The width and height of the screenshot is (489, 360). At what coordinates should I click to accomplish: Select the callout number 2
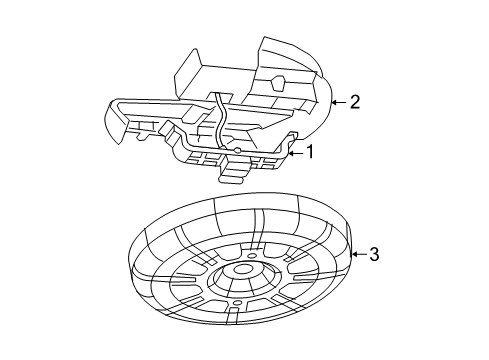point(353,101)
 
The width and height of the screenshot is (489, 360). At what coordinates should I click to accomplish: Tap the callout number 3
point(374,255)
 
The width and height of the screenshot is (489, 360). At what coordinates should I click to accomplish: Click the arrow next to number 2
point(337,101)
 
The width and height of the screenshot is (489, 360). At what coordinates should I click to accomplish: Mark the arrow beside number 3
point(359,255)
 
